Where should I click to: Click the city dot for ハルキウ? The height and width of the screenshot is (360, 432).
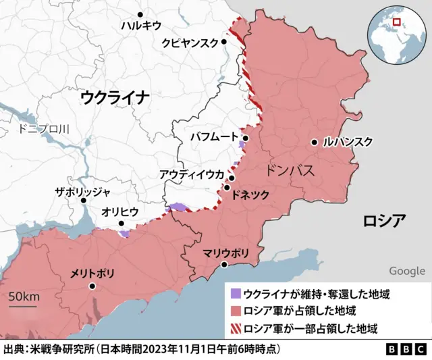(140, 14)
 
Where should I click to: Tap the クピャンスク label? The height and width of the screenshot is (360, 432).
(190, 43)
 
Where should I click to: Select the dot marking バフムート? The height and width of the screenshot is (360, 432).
(246, 138)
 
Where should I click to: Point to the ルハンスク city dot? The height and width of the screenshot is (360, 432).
(315, 142)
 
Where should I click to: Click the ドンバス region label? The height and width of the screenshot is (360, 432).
(290, 170)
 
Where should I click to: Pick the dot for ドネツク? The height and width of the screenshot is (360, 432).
(227, 187)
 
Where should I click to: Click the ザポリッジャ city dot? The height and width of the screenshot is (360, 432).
(83, 200)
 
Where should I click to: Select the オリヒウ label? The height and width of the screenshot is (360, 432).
(120, 211)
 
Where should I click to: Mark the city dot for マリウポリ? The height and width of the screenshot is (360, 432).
(225, 264)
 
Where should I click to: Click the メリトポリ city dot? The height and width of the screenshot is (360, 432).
(92, 286)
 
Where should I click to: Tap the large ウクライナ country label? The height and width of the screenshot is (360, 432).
(115, 97)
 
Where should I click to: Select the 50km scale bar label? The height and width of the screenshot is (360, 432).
(24, 298)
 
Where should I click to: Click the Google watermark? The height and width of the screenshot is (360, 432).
(407, 271)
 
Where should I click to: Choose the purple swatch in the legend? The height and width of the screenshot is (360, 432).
(236, 294)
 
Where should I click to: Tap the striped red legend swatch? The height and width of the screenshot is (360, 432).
(236, 329)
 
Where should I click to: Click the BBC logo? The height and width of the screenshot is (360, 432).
(406, 350)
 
